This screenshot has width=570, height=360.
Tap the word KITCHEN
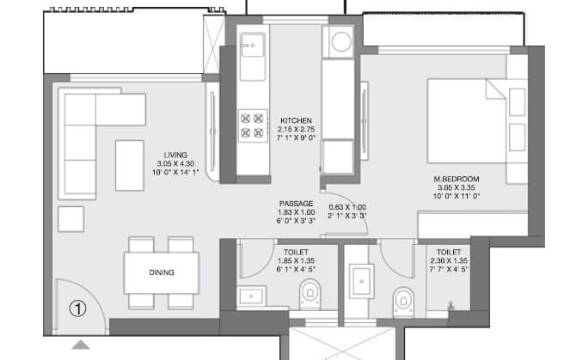[295, 120]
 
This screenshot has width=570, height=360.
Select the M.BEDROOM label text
[457, 179]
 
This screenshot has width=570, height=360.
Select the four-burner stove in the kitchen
[252, 125]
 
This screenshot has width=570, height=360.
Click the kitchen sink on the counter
[253, 52]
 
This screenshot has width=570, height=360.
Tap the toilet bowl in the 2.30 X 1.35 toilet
[401, 301]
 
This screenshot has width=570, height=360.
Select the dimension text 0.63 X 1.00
[347, 207]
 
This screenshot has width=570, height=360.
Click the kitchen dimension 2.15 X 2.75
[295, 129]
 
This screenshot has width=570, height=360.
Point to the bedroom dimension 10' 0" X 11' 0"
[457, 197]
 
